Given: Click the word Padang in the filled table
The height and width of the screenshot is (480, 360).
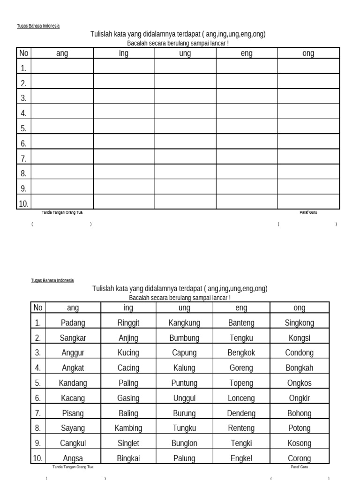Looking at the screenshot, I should [73, 322].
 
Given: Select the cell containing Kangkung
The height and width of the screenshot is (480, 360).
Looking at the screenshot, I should [184, 322].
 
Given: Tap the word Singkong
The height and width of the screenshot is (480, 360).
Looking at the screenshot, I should [299, 322].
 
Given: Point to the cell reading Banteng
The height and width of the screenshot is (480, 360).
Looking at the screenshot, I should [241, 322].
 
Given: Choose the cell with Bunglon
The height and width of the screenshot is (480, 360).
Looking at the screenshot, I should [184, 443].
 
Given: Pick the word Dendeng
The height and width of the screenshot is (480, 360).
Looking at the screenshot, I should [241, 413].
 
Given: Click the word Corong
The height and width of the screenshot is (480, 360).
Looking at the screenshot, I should [299, 458].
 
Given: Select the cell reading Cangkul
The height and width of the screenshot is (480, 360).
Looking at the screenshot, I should [73, 443].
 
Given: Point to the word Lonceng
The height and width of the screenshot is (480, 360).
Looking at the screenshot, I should [241, 398].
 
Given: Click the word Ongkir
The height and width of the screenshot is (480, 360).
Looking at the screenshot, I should [299, 398].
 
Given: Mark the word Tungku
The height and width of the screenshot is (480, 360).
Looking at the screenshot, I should [184, 428].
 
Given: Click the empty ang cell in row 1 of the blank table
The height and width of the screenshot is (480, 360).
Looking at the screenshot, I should [62, 67].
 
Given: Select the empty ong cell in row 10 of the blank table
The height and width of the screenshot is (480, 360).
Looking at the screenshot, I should [308, 202].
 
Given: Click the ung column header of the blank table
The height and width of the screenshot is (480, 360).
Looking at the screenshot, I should [185, 53].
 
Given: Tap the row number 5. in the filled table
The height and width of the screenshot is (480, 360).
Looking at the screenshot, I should [37, 383].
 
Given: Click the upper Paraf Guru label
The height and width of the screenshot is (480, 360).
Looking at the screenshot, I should [308, 212].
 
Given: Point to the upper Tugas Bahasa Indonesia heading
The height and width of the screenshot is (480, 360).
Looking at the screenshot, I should [38, 26].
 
